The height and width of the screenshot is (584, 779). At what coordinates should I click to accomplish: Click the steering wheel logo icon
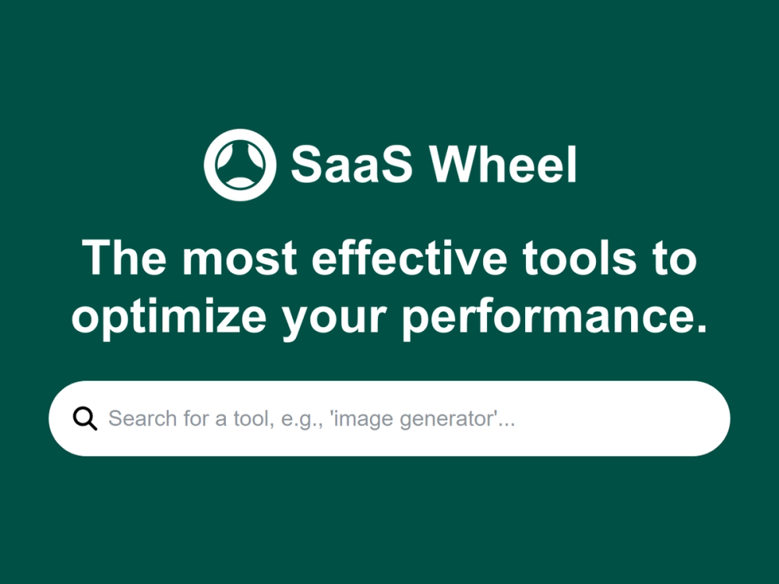239,164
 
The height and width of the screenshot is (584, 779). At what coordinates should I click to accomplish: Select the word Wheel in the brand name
503,164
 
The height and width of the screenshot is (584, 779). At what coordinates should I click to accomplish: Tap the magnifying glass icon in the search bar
85,419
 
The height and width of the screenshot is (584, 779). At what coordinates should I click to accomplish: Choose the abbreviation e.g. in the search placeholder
299,419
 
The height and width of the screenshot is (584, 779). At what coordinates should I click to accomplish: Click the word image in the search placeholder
363,419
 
